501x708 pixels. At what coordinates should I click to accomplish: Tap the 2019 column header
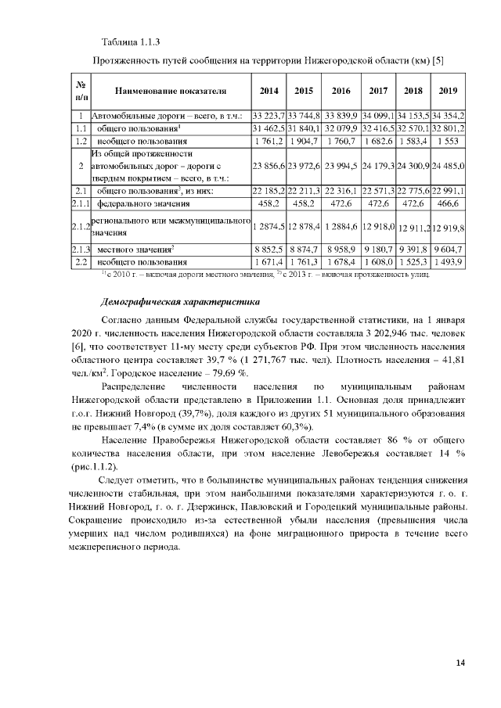tap(449, 90)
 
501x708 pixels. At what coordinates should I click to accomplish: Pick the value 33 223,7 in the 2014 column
tap(269, 116)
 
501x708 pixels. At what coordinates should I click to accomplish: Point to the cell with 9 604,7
tap(449, 249)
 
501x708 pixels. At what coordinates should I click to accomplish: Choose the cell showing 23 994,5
tap(342, 166)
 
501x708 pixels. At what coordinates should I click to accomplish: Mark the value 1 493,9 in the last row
tap(449, 261)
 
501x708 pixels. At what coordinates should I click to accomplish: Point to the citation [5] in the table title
tap(438, 59)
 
